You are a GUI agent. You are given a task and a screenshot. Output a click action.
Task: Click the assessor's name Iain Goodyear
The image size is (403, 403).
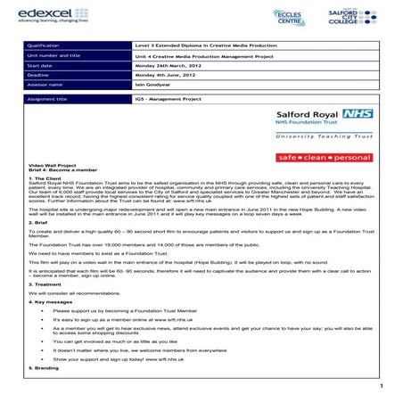tap(148, 85)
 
